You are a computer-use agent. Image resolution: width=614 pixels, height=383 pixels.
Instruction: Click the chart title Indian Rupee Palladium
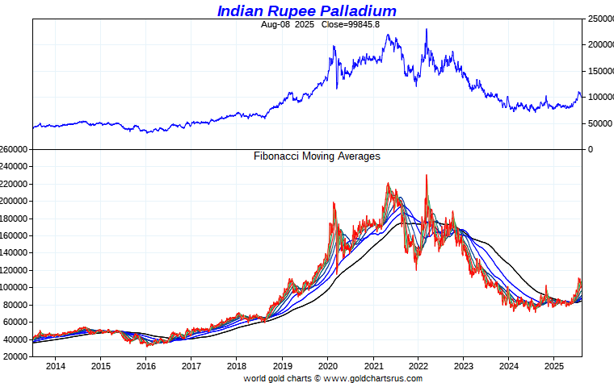coord(307,10)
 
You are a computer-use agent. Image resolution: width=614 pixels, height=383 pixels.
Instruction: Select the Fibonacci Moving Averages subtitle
coord(317,156)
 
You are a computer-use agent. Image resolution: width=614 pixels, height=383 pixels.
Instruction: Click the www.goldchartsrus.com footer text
coord(374,378)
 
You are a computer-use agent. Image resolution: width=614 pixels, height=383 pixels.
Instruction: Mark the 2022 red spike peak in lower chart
coord(427,175)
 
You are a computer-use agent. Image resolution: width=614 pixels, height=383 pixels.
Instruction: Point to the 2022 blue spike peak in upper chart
coord(427,30)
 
